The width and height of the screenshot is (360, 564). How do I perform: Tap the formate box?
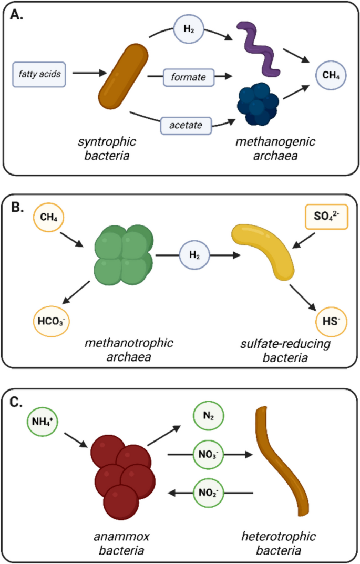(x=188, y=77)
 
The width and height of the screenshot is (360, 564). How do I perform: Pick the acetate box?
(x=188, y=125)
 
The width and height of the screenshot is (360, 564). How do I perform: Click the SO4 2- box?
(x=327, y=216)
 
